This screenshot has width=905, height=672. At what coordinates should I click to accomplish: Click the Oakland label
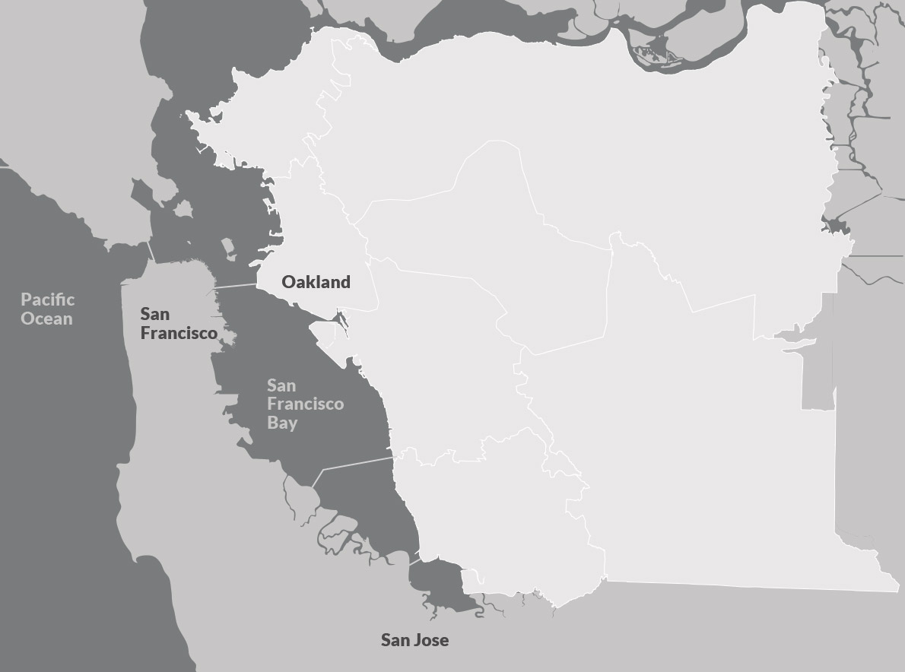pyautogui.click(x=316, y=282)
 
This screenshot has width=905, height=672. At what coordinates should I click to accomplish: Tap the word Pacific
pyautogui.click(x=47, y=300)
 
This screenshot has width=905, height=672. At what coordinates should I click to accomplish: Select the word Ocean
pyautogui.click(x=47, y=318)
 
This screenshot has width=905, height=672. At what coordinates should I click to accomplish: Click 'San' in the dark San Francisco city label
pyautogui.click(x=154, y=314)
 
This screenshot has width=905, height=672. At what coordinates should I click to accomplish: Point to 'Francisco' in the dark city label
pyautogui.click(x=179, y=333)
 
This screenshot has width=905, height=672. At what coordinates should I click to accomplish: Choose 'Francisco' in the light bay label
pyautogui.click(x=305, y=404)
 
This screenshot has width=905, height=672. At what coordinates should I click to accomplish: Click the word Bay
pyautogui.click(x=282, y=423)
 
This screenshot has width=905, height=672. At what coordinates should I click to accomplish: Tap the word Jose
pyautogui.click(x=431, y=640)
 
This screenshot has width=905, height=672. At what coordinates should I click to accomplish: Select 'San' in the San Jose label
pyautogui.click(x=395, y=640)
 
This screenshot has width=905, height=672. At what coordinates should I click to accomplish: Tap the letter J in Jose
pyautogui.click(x=418, y=640)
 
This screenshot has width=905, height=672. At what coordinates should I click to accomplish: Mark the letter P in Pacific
pyautogui.click(x=26, y=300)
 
